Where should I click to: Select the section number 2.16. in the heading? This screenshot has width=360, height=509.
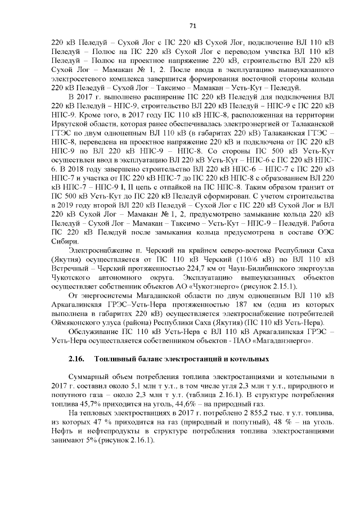tap(76, 358)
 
